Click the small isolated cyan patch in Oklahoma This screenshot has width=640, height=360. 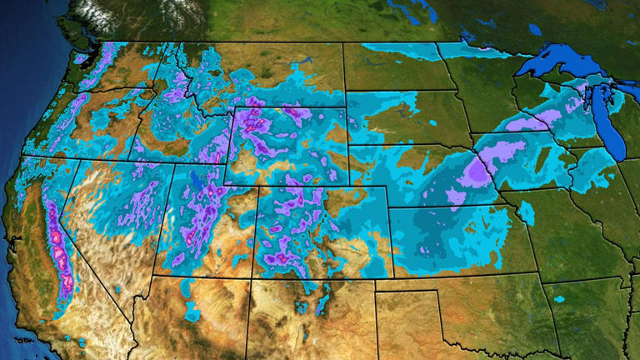point(557,298)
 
